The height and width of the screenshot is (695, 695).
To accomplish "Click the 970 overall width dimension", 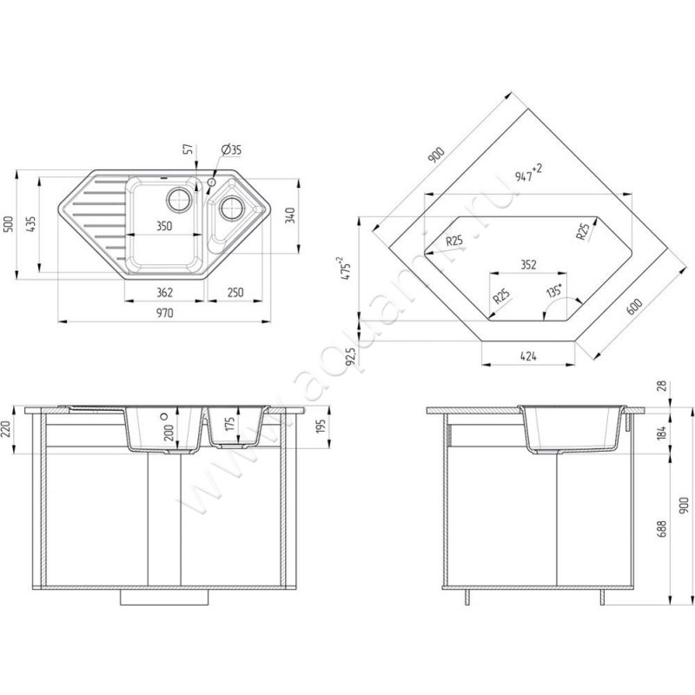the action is point(164,314).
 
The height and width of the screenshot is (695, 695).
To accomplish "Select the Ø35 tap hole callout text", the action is point(231,149).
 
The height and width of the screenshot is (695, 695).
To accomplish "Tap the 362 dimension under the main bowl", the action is point(164,293).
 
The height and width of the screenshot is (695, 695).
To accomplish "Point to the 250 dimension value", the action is point(235,293).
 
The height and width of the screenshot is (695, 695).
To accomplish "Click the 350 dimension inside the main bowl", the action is point(164,226).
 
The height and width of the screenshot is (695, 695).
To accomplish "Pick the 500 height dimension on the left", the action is point(10,224).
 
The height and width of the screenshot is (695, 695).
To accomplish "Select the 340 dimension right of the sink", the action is point(290,215).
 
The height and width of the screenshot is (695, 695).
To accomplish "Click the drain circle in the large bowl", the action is point(180,199).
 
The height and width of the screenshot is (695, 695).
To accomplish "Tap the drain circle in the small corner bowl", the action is point(231,207).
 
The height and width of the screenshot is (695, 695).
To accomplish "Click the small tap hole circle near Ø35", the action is point(211,182).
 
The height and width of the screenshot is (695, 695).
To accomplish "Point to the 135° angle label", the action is point(554,291).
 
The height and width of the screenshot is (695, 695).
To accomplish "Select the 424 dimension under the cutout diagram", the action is point(528,356).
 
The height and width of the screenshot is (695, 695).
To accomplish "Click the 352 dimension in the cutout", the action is point(528,265).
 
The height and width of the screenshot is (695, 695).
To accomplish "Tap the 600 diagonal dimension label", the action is point(634,307).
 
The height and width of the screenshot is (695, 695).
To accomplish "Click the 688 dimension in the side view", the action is point(662,529).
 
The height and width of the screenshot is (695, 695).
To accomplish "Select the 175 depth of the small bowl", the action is point(229,423).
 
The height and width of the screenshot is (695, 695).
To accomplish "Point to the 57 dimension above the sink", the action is point(189,149).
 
